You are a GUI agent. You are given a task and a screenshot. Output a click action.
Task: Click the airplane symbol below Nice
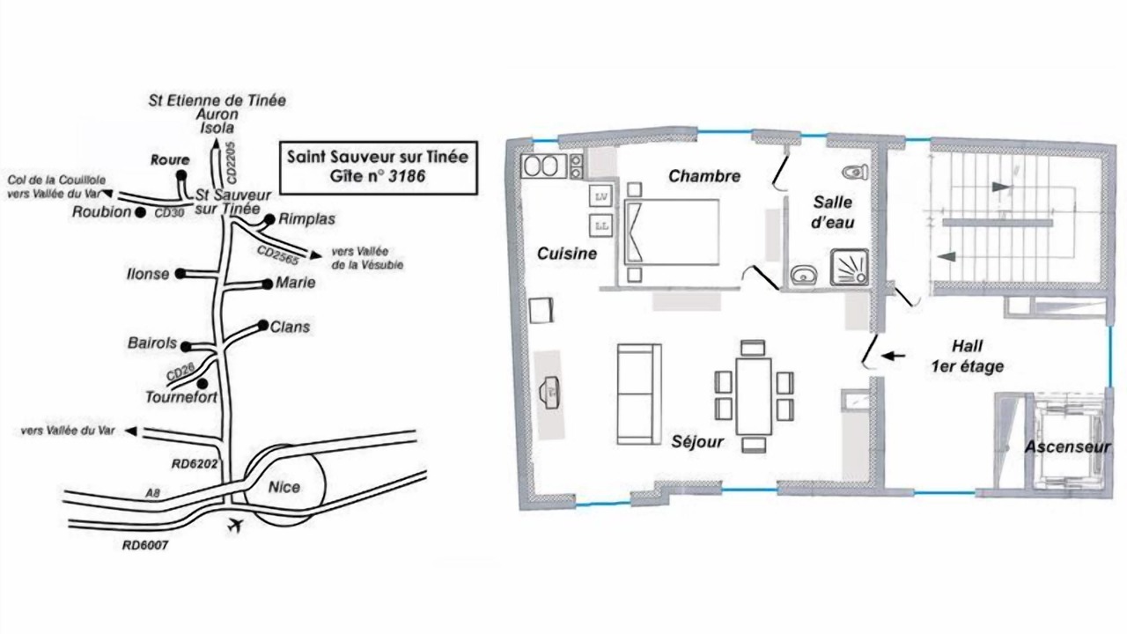coord(235,526)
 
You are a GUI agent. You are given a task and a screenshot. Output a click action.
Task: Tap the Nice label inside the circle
coord(284,487)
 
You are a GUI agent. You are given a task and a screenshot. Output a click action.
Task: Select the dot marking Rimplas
coord(269,219)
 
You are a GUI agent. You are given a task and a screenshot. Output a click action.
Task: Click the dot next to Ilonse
coord(180,274)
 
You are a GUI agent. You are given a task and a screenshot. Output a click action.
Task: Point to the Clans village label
coord(290,327)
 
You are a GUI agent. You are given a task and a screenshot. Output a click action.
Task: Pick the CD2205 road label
coord(232,162)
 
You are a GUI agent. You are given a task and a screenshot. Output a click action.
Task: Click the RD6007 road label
coord(145,545)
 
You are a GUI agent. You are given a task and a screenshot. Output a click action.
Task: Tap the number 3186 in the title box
coord(407,175)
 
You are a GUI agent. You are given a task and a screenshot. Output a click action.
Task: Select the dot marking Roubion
coord(140,213)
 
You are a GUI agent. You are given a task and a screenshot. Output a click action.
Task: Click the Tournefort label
coord(181,397)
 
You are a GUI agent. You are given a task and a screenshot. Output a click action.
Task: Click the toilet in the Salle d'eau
coord(855,172)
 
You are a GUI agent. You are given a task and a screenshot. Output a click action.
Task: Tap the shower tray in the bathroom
coord(850,267)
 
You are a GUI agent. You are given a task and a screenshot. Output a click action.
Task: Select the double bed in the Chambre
coord(672,232)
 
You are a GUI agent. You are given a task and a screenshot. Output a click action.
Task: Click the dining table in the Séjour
coord(754,396)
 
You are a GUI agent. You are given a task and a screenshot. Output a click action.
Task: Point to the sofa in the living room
coord(639,394)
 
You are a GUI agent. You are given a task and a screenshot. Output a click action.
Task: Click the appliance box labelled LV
coord(601,196)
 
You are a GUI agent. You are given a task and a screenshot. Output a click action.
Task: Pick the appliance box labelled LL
coord(601,226)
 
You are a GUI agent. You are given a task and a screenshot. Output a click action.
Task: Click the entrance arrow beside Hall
coord(893,356)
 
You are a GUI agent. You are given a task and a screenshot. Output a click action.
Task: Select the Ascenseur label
coord(1068,446)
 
